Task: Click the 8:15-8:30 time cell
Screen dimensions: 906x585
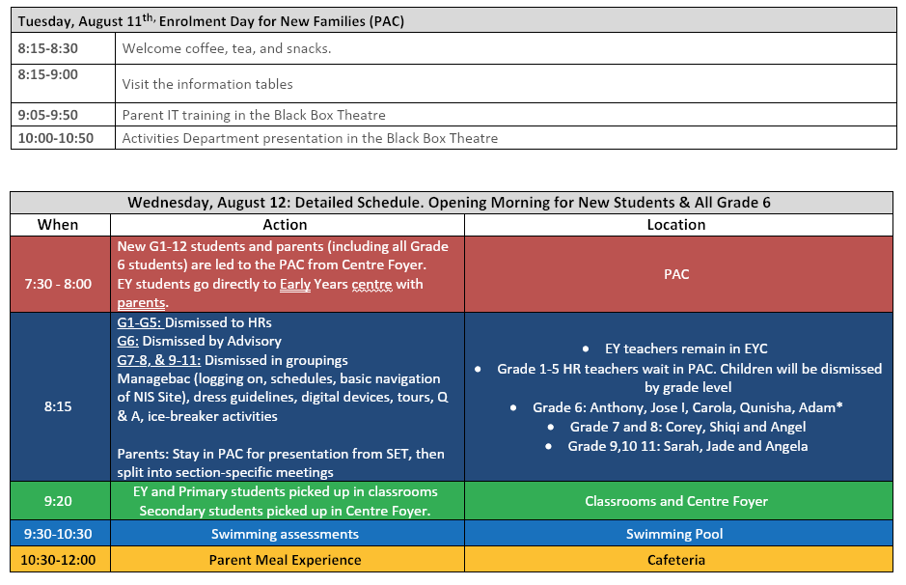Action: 63,48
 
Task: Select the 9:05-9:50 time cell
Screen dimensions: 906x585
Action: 63,115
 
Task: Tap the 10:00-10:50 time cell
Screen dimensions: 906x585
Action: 63,138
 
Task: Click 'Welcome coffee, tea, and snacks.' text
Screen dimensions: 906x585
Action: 227,48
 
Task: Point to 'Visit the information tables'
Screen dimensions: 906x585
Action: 207,84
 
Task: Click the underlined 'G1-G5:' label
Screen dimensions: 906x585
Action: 140,322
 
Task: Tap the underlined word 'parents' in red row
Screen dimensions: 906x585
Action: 141,303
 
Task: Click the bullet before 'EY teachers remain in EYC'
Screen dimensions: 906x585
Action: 586,348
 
